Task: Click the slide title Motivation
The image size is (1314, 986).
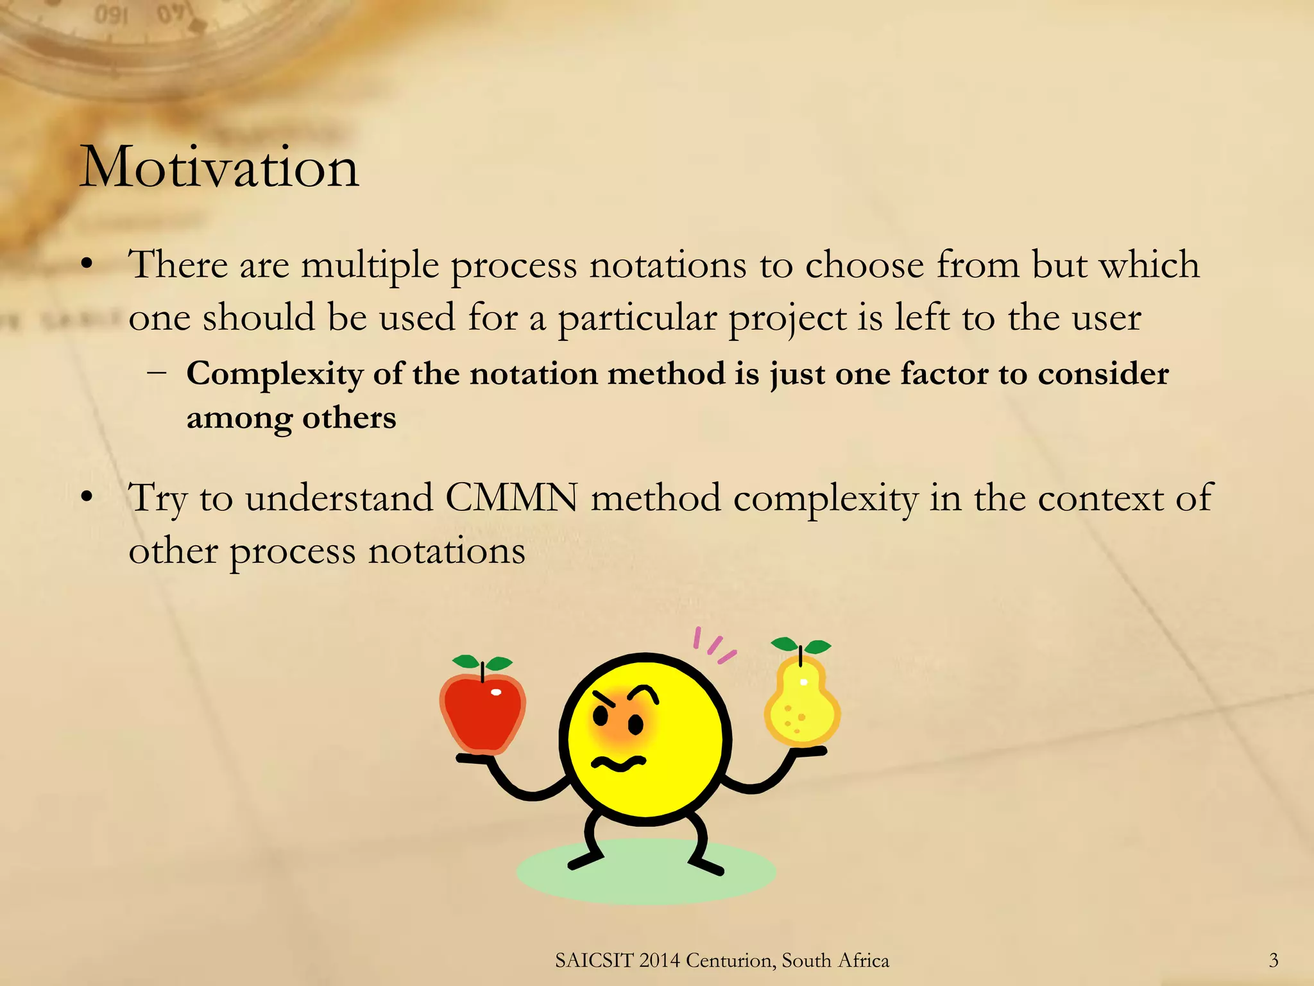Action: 219,168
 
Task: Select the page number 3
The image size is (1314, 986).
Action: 1274,960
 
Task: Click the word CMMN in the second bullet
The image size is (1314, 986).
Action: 511,498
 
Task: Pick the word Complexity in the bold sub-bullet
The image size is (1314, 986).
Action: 273,374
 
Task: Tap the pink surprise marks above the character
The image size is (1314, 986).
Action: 713,645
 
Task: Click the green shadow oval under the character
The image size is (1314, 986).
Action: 646,879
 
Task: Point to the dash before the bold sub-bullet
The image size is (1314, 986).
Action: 157,372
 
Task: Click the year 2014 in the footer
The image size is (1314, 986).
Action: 660,960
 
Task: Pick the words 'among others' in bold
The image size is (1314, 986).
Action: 291,419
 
